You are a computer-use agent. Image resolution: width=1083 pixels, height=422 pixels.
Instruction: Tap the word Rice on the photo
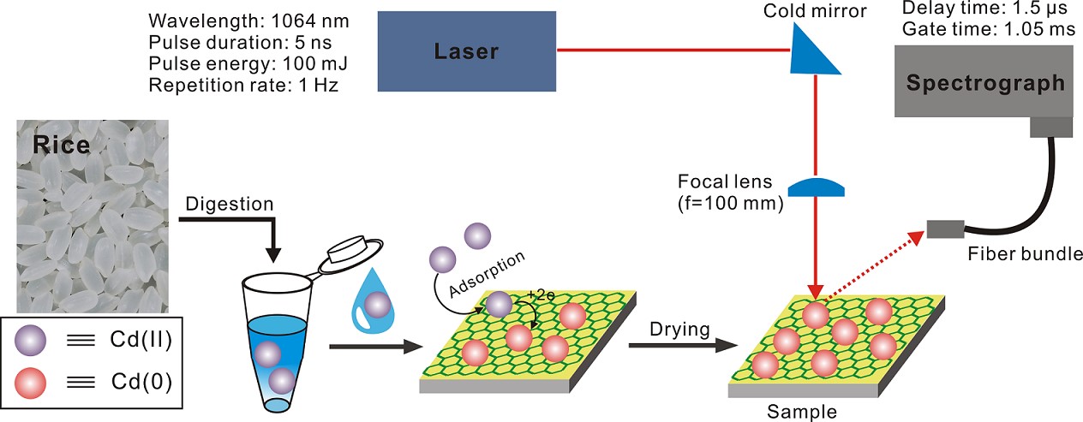pyautogui.click(x=61, y=145)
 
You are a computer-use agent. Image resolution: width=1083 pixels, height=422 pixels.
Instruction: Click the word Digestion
pyautogui.click(x=229, y=205)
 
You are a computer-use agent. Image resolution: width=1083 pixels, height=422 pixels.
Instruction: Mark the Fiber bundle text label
pyautogui.click(x=1024, y=254)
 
